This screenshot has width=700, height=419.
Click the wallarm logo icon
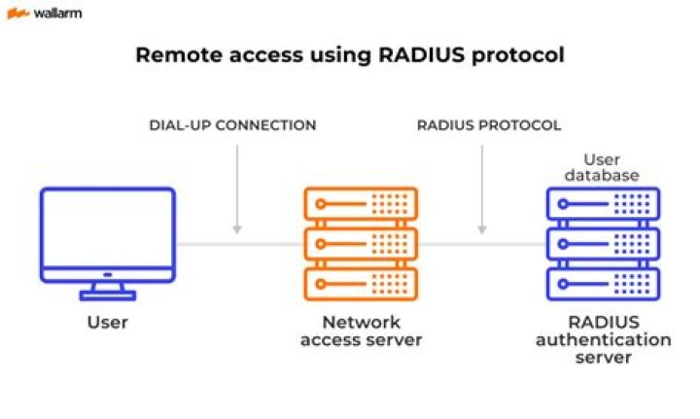(17, 14)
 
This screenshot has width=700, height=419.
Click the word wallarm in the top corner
(57, 14)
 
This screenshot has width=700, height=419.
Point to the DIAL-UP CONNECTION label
(232, 125)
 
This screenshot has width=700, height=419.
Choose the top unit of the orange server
(361, 203)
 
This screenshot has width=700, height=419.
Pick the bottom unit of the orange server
(361, 283)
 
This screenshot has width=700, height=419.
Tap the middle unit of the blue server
(603, 243)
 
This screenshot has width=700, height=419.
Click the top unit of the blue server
(603, 203)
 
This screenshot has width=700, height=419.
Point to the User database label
(603, 167)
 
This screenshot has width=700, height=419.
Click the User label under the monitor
(108, 322)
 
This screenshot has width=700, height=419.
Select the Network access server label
(361, 331)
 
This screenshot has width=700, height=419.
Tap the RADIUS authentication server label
(603, 339)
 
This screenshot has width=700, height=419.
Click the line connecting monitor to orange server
(238, 243)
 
